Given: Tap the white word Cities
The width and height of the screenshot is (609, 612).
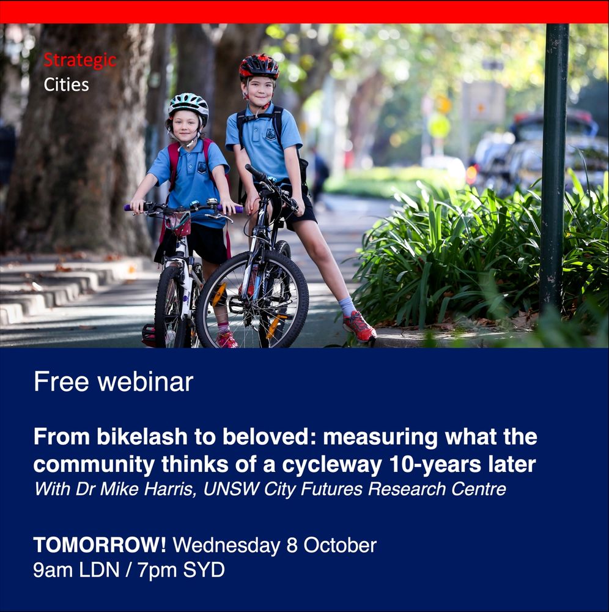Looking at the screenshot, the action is (66, 84).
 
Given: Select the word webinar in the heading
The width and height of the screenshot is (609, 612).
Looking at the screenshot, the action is (146, 381).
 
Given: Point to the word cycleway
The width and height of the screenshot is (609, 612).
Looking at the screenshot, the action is (332, 465).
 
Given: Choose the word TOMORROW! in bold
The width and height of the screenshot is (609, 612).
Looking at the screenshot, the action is (100, 545).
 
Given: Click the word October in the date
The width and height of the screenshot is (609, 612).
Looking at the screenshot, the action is (340, 545).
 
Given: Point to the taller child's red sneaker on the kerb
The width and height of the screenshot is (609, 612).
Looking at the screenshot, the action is (360, 327).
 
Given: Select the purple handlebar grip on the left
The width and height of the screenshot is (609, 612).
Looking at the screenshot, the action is (128, 207).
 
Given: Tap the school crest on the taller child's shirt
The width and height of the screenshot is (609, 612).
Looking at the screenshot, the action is (271, 134).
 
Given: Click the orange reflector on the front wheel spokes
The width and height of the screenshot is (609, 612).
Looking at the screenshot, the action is (219, 294).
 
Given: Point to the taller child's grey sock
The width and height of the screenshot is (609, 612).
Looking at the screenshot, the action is (347, 307).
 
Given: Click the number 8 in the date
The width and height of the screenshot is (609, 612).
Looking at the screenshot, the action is (292, 545).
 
